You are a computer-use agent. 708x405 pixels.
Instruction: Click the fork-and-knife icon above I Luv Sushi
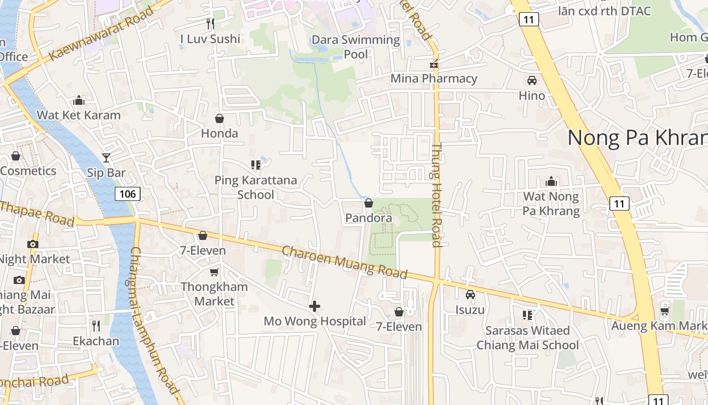[210, 23]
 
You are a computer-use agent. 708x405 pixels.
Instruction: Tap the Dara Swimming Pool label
[356, 47]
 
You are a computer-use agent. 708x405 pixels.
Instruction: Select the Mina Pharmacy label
[433, 78]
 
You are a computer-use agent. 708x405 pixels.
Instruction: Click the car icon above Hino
[532, 80]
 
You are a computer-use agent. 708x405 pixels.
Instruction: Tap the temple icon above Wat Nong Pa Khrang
[551, 181]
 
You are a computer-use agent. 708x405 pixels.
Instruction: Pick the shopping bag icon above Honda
[219, 118]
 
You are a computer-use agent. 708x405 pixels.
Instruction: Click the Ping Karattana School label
[255, 187]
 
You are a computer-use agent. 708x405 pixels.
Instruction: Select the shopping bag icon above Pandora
[369, 203]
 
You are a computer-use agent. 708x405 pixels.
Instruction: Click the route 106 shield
[127, 193]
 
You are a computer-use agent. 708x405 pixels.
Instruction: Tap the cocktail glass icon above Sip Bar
[106, 158]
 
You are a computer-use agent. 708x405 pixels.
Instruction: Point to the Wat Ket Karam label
[78, 115]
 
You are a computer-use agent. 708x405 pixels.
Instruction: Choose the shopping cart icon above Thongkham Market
[214, 272]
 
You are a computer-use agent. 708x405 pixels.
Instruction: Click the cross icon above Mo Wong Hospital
[315, 306]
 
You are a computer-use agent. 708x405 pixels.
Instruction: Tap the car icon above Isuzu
[470, 295]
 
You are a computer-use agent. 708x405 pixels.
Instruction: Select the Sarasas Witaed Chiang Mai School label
[527, 338]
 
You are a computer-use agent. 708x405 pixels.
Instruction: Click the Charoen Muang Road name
[344, 262]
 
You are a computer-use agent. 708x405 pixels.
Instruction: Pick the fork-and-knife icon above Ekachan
[96, 326]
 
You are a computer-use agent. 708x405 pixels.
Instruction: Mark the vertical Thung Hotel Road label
[436, 195]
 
